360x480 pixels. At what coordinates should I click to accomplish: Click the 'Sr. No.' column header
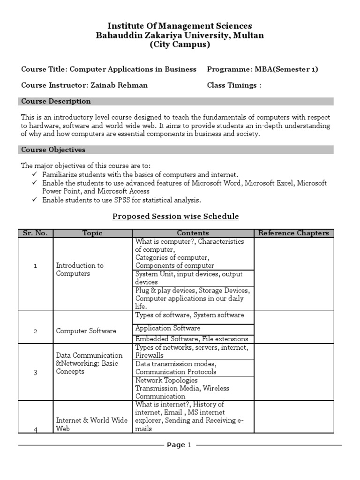pos(36,233)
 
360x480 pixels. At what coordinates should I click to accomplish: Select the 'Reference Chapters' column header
pos(294,233)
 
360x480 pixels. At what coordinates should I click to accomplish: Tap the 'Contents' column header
pos(193,233)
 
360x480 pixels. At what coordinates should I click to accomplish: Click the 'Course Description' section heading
pos(56,101)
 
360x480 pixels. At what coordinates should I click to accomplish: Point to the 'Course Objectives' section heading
pos(53,150)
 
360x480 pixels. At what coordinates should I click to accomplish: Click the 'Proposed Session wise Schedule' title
pos(176,216)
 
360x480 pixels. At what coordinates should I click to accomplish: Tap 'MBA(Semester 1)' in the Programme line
pos(286,69)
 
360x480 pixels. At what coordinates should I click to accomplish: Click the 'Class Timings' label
pos(232,85)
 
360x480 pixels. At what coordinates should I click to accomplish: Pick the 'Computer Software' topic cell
pos(86,331)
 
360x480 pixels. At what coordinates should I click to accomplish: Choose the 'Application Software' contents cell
pos(168,328)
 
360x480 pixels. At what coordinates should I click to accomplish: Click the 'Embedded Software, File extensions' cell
pos(192,339)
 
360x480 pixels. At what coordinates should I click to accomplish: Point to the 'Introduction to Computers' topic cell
pos(80,270)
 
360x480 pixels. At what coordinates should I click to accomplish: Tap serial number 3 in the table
pos(35,372)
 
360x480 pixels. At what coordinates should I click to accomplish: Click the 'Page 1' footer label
pos(179,445)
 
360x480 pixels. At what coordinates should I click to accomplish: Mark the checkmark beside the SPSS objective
pos(35,200)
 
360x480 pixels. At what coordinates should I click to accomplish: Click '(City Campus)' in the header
pos(180,45)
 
